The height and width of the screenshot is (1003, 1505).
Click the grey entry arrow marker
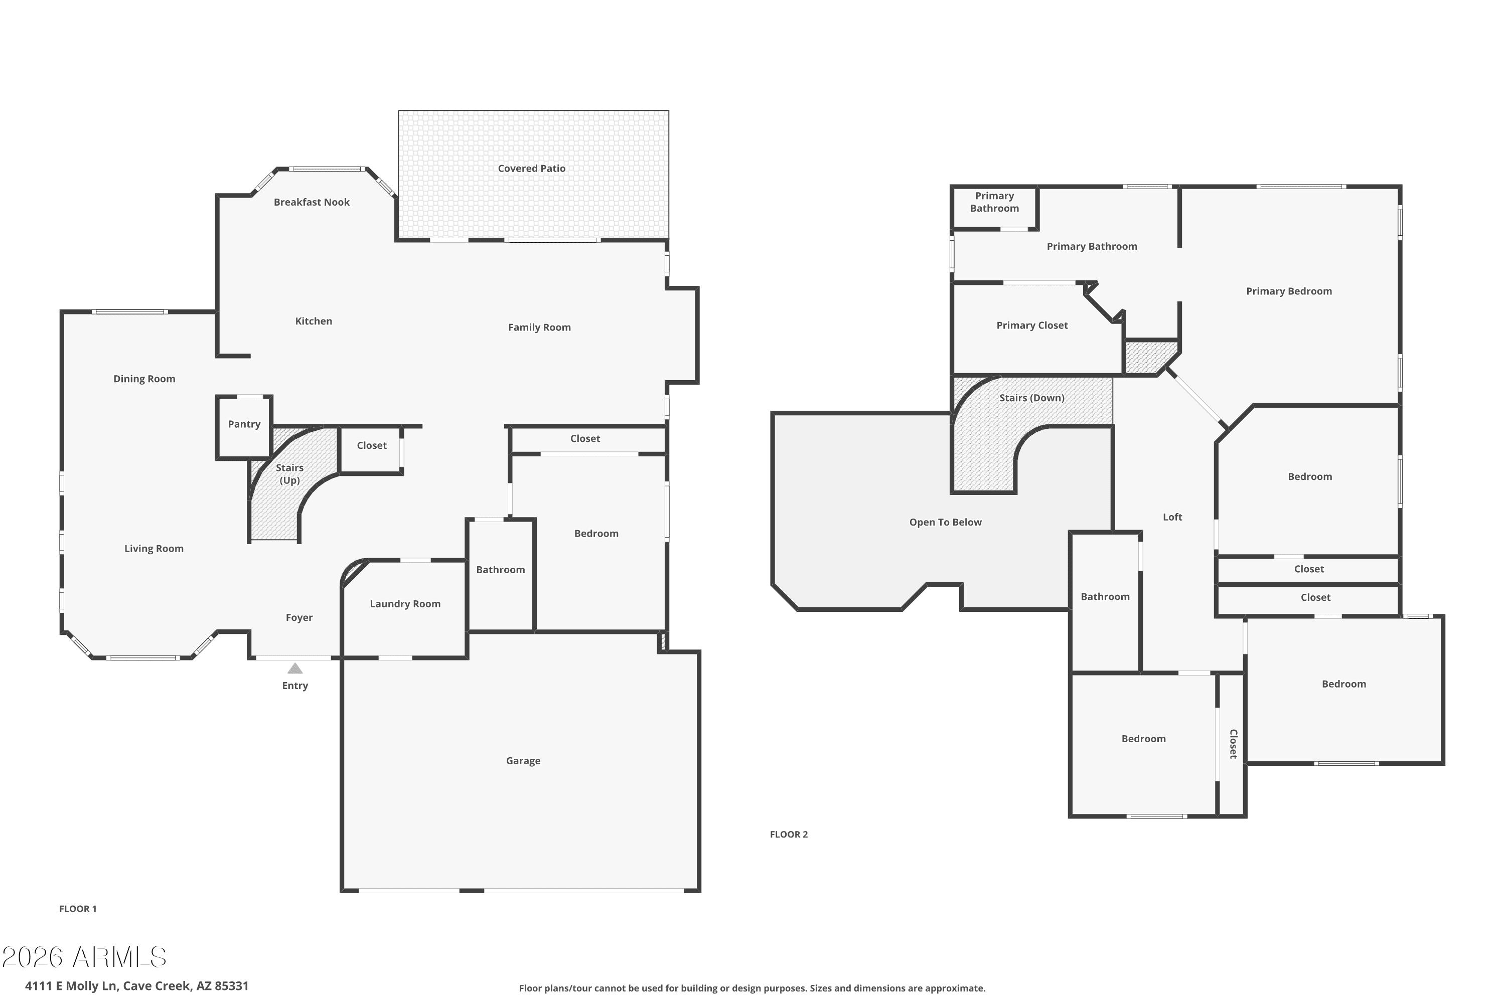tap(295, 668)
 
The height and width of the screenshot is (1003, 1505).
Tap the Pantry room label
tap(244, 424)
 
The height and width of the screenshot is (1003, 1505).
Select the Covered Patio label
tap(532, 168)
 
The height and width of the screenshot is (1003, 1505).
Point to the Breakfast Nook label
tap(312, 202)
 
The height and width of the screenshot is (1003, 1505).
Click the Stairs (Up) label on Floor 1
tap(290, 474)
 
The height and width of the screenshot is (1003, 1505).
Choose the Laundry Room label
tap(405, 604)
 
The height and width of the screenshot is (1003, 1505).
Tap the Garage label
tap(523, 761)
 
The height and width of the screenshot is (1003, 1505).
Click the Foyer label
tap(299, 617)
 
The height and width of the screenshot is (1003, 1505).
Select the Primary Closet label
tap(1032, 325)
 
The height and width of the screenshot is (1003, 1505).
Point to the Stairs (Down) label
tap(1032, 398)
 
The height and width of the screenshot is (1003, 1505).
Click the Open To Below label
tap(945, 522)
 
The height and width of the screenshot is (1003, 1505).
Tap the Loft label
tap(1172, 517)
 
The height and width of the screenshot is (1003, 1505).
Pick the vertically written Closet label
tap(1233, 744)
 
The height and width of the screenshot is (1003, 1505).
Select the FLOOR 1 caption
tap(78, 908)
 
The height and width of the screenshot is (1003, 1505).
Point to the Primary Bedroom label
tap(1289, 291)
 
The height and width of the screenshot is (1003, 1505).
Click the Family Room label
tap(539, 327)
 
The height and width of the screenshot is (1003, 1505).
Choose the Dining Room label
tap(144, 379)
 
